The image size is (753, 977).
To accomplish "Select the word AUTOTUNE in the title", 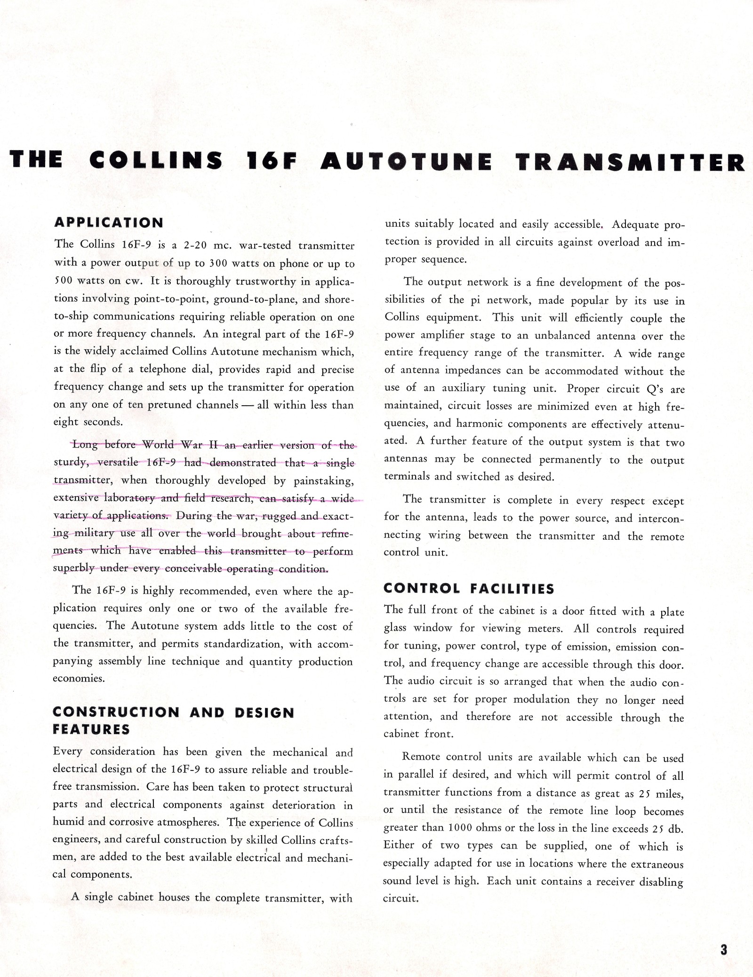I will pos(407,161).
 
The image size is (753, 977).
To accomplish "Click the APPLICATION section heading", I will pos(109,223).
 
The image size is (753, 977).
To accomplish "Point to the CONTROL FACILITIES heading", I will pos(469,589).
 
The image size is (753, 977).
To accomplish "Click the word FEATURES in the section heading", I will pos(91,729).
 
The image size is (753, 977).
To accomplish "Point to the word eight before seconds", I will pos(66,422).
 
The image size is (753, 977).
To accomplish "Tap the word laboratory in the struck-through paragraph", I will pos(129,498).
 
